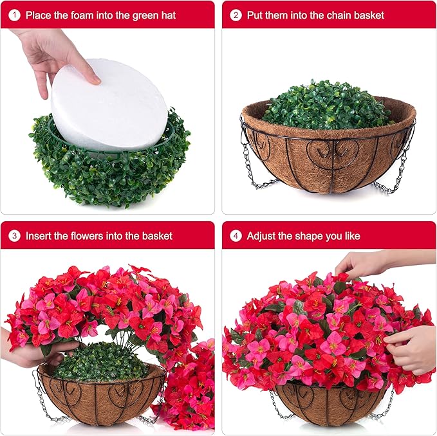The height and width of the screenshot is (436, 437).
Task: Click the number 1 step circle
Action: click(x=14, y=15)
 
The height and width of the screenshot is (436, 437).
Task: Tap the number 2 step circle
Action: click(x=236, y=15)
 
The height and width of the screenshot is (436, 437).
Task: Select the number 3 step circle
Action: click(x=14, y=236)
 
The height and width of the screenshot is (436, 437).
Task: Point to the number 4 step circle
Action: click(x=236, y=236)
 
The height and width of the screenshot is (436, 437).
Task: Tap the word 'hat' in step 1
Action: click(x=169, y=15)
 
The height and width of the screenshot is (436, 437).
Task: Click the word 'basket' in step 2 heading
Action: click(x=369, y=15)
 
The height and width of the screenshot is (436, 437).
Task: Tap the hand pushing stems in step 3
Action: click(x=33, y=348)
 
